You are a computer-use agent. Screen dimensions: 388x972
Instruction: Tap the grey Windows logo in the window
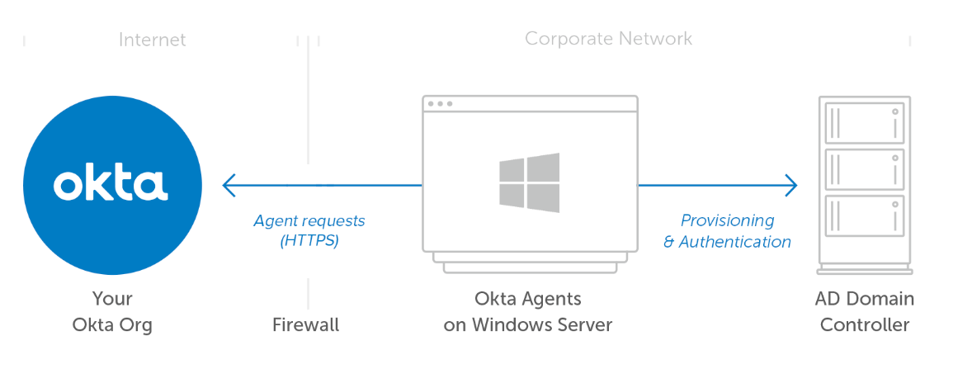point(529,183)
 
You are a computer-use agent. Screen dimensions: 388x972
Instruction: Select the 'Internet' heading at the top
point(152,40)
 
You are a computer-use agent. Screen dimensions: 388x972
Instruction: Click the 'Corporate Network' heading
point(608,39)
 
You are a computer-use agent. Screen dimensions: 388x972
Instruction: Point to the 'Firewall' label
point(305,324)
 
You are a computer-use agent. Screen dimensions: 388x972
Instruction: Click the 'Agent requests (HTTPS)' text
point(309,231)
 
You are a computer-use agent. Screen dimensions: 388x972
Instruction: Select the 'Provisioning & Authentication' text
point(727,231)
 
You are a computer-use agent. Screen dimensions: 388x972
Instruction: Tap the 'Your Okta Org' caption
point(112,311)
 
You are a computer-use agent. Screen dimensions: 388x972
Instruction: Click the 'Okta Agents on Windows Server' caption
point(528,311)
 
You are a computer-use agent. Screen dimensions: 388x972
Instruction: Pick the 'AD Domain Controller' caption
point(865,311)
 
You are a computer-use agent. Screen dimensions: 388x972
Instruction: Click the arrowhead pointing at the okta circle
point(229,185)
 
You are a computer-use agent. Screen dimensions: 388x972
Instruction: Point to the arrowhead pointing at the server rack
point(791,185)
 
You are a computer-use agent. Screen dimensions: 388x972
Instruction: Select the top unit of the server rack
point(865,123)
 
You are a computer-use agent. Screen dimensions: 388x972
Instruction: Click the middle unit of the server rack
point(865,169)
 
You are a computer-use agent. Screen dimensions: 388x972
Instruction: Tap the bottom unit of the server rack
point(865,215)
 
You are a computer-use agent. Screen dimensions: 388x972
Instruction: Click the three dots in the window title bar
point(439,104)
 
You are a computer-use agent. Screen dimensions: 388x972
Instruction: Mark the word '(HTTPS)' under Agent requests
point(309,242)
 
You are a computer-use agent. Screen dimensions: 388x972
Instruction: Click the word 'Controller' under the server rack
point(865,324)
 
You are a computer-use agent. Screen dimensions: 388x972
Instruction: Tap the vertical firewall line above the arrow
point(309,99)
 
